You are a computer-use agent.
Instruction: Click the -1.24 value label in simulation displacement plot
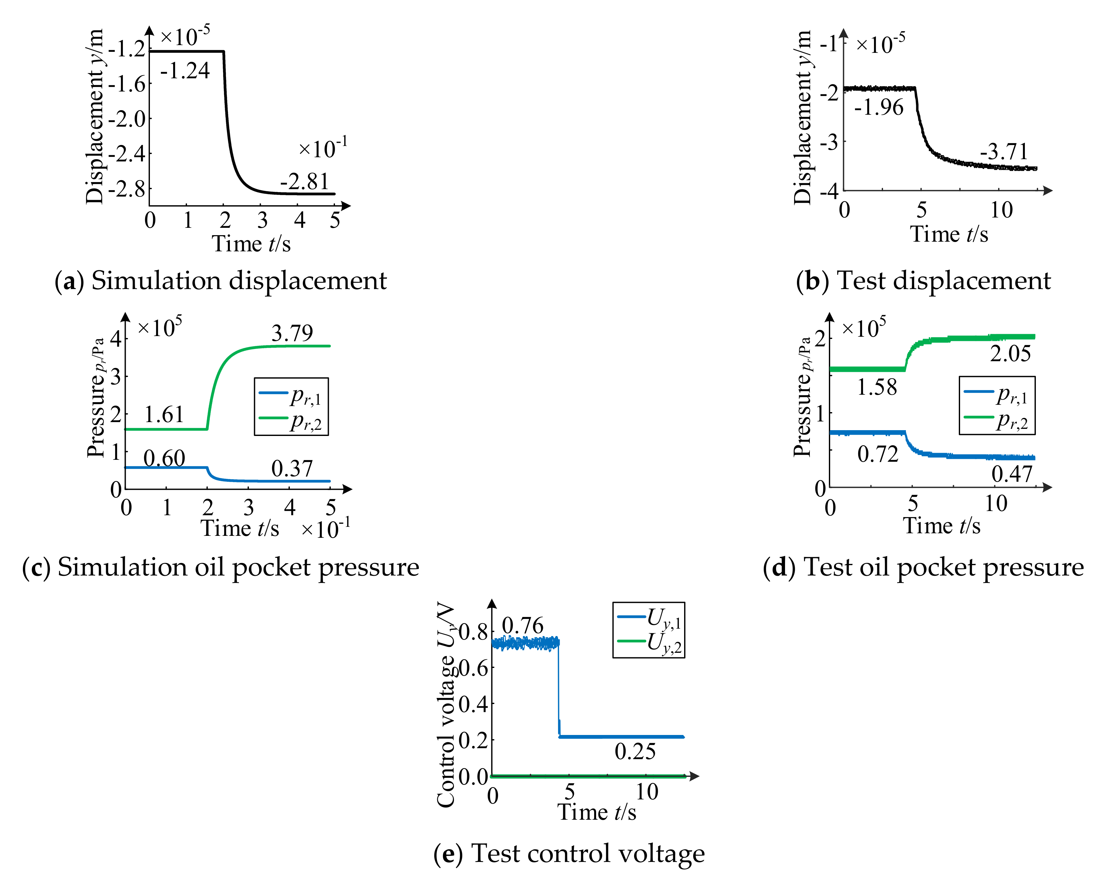click(x=185, y=71)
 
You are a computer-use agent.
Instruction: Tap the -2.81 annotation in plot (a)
click(x=304, y=182)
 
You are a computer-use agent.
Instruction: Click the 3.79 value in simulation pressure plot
click(x=292, y=333)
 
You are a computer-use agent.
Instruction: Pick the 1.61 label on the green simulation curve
click(x=164, y=414)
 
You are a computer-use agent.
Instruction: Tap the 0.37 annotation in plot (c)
click(x=292, y=468)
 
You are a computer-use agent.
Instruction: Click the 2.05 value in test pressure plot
click(x=1010, y=353)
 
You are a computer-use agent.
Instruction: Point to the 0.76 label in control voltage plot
click(x=523, y=626)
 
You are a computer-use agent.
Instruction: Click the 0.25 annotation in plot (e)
click(x=635, y=752)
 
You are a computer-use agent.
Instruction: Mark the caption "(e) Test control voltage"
click(x=569, y=853)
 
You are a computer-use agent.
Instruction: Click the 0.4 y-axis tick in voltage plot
click(x=473, y=703)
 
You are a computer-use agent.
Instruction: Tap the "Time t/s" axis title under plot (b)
click(x=949, y=235)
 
